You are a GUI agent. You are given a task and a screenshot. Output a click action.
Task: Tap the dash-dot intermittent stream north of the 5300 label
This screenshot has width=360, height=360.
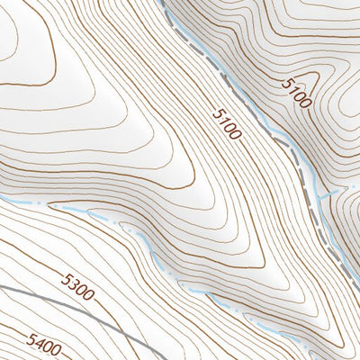(x=90, y=212)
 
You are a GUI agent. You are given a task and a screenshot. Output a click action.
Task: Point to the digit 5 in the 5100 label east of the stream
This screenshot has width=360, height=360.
(x=286, y=82)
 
